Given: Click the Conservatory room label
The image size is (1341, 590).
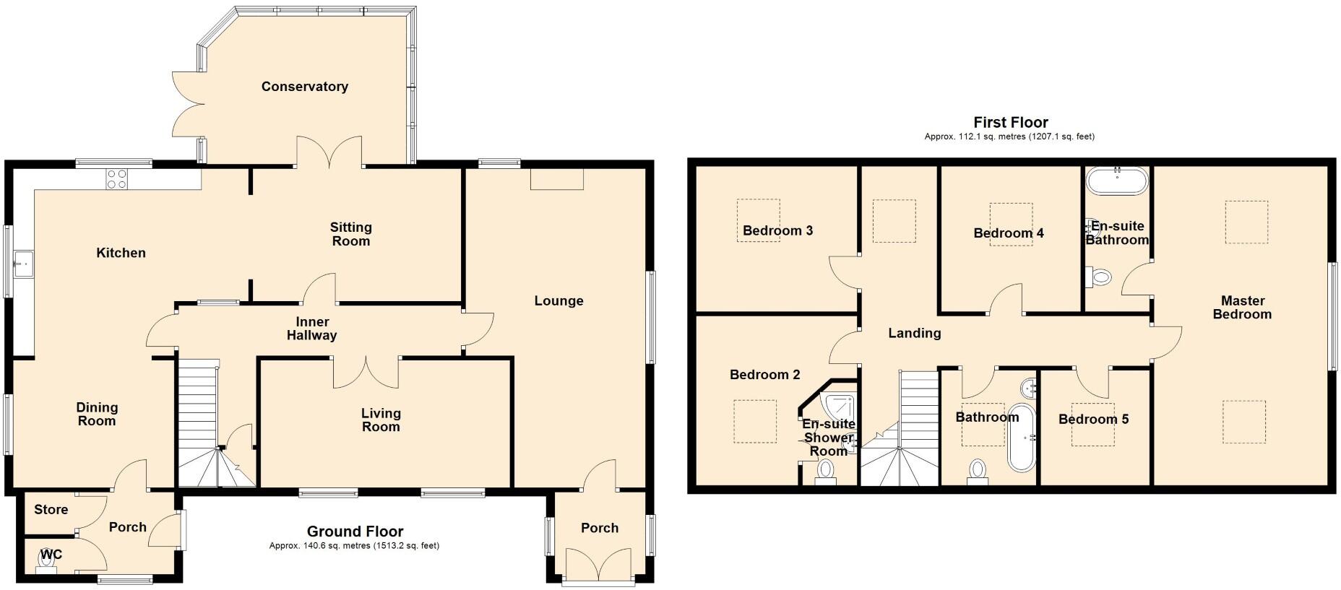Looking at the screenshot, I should click(304, 87).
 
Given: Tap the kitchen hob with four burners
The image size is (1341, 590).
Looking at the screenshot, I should click(117, 178).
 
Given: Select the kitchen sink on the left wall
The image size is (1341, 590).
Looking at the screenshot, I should click(23, 264).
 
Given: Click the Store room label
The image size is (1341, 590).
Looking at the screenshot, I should click(51, 510).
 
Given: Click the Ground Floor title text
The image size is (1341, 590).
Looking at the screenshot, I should click(355, 532).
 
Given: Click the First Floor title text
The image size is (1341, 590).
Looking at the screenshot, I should click(1010, 122).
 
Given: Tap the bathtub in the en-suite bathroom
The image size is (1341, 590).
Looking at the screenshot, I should click(1116, 181).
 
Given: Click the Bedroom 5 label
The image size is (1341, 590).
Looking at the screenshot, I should click(1093, 420).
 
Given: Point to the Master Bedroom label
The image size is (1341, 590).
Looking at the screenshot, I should click(1242, 308).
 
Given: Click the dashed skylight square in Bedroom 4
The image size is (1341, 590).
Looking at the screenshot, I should click(1011, 225).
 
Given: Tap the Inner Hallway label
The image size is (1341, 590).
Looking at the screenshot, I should click(311, 329).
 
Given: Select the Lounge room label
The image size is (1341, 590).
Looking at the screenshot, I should click(559, 301).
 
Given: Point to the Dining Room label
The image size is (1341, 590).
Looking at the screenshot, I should click(97, 415).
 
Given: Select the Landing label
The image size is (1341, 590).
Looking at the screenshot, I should click(914, 333).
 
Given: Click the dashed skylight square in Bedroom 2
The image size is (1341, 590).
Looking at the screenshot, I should click(755, 422).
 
